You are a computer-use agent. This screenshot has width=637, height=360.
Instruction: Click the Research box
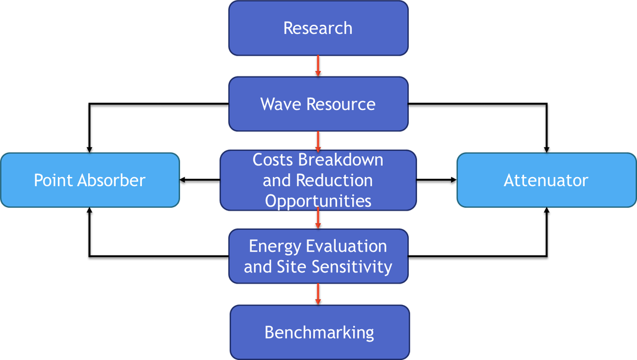pyautogui.click(x=318, y=28)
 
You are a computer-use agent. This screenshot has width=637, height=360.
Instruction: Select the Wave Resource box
pyautogui.click(x=318, y=104)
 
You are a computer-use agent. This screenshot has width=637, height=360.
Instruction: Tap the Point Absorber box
pyautogui.click(x=90, y=180)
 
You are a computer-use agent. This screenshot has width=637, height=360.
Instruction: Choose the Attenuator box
pyautogui.click(x=546, y=180)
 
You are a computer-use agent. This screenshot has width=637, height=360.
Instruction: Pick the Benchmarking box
pyautogui.click(x=319, y=333)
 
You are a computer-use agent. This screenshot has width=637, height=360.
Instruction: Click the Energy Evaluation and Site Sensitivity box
pyautogui.click(x=318, y=256)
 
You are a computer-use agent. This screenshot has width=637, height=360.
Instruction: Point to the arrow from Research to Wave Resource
pyautogui.click(x=318, y=65)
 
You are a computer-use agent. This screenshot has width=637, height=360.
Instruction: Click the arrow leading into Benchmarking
pyautogui.click(x=318, y=293)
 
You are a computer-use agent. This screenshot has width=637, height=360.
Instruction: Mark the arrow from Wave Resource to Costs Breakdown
pyautogui.click(x=318, y=141)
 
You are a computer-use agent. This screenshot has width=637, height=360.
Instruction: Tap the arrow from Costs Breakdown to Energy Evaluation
pyautogui.click(x=318, y=218)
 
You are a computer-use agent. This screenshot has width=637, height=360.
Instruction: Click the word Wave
pyautogui.click(x=281, y=104)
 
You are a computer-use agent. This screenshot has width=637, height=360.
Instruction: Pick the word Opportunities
pyautogui.click(x=318, y=201)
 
